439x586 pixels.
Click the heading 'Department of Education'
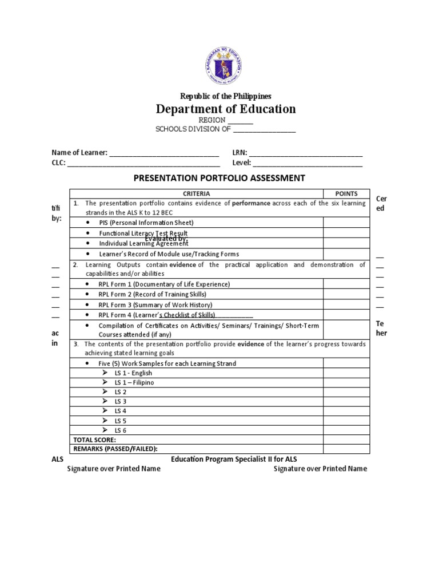226,109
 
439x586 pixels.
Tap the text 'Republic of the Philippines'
226,96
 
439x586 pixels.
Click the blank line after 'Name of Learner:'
164,153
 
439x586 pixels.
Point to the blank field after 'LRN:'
305,153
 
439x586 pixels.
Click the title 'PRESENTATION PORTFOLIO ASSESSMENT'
219,178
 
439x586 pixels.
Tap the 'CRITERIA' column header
197,193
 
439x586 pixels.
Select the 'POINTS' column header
345,193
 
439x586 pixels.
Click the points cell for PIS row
345,223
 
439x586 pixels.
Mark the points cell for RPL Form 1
345,284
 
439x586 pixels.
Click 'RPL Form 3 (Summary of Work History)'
155,305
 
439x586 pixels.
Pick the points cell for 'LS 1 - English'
345,373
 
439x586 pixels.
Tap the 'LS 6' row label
121,430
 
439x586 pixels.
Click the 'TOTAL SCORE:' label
94,439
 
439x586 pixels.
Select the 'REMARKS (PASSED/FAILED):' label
115,449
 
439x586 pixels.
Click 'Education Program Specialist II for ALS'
234,460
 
